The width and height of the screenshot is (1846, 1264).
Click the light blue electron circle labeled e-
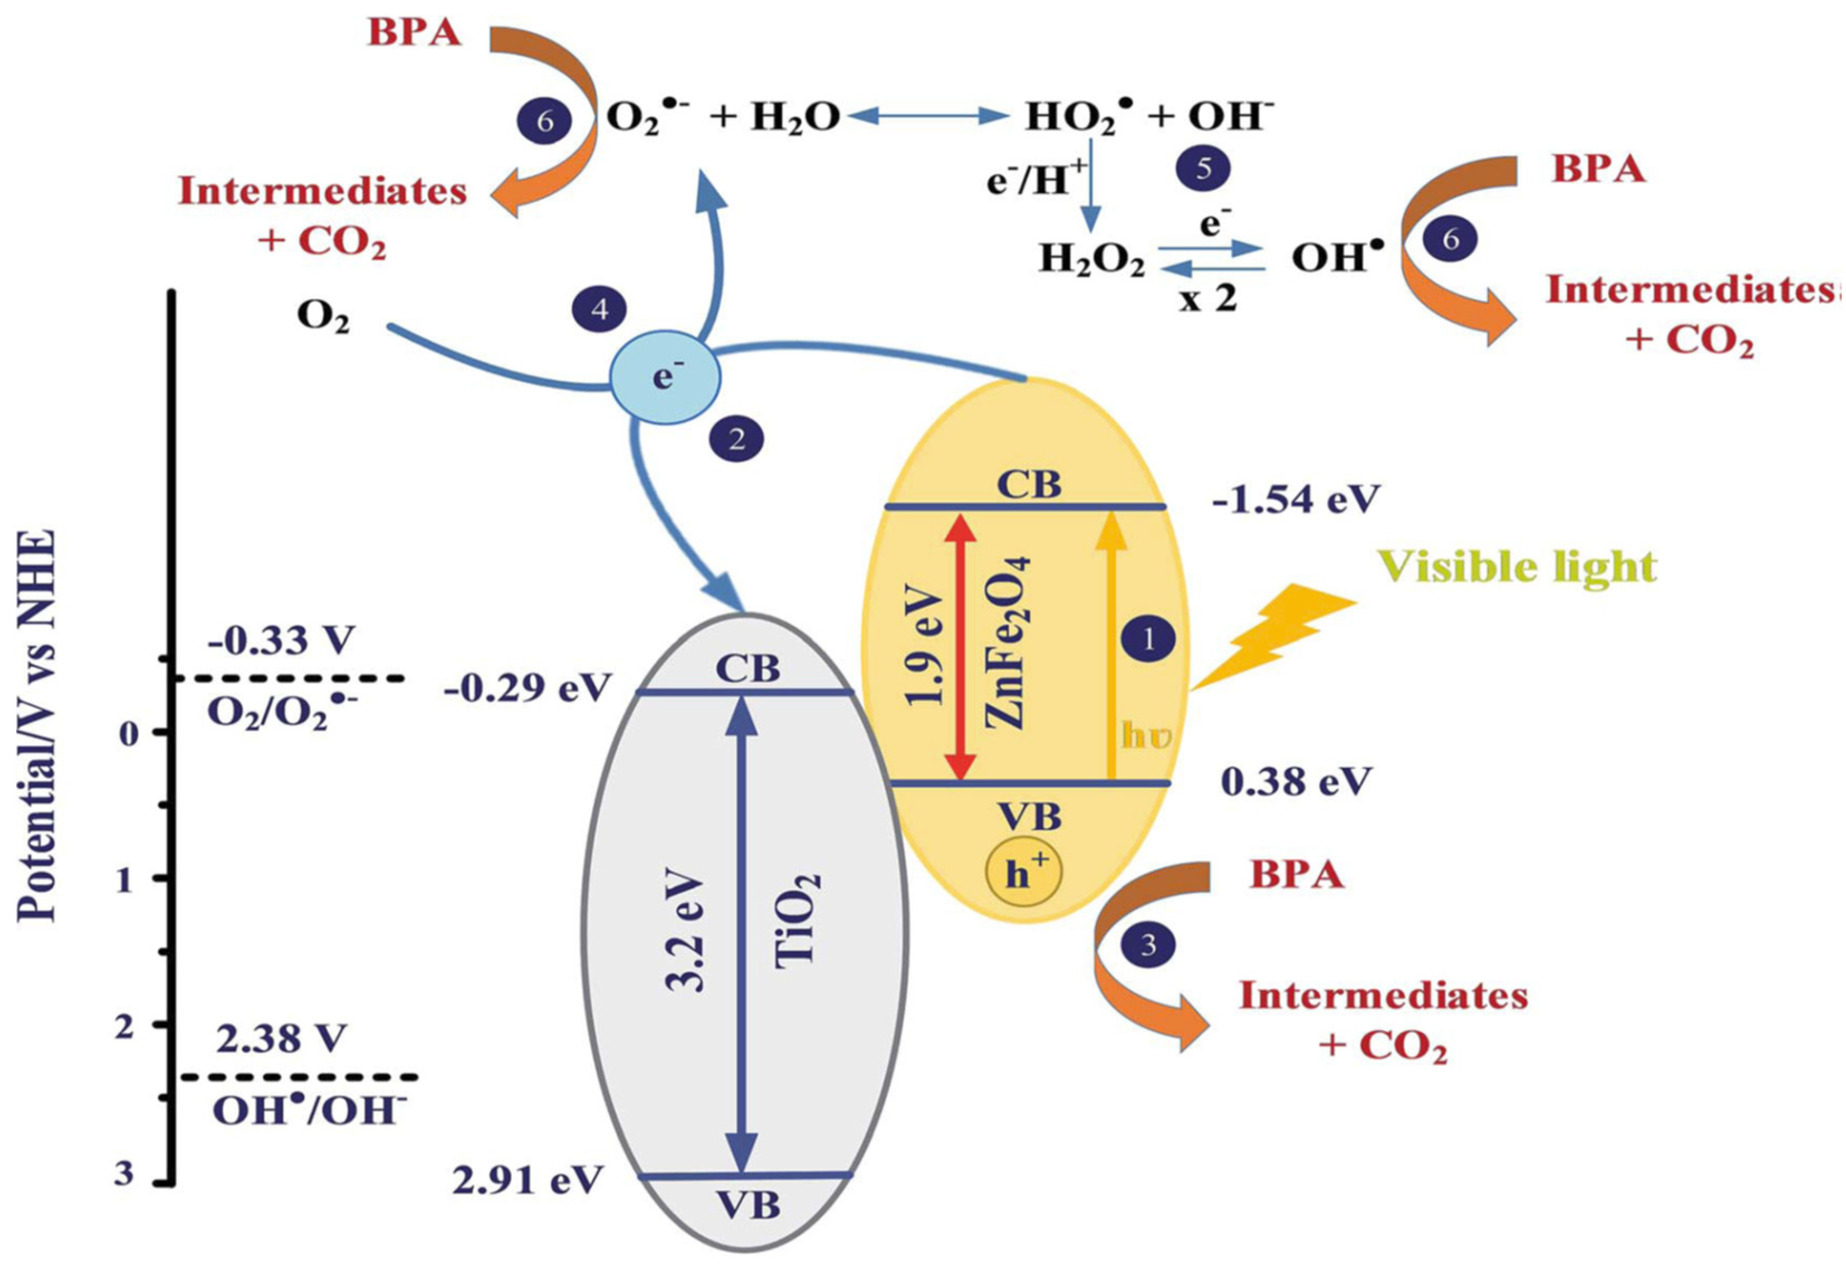664,377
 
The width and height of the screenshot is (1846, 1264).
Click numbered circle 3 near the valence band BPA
1148,945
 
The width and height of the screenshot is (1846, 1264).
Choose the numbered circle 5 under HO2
1204,169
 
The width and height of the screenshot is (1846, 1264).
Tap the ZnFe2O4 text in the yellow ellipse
1007,644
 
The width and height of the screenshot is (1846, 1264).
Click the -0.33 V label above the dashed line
281,640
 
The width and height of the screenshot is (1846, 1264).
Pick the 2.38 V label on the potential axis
281,1039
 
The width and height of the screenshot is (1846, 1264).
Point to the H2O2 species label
1092,260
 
